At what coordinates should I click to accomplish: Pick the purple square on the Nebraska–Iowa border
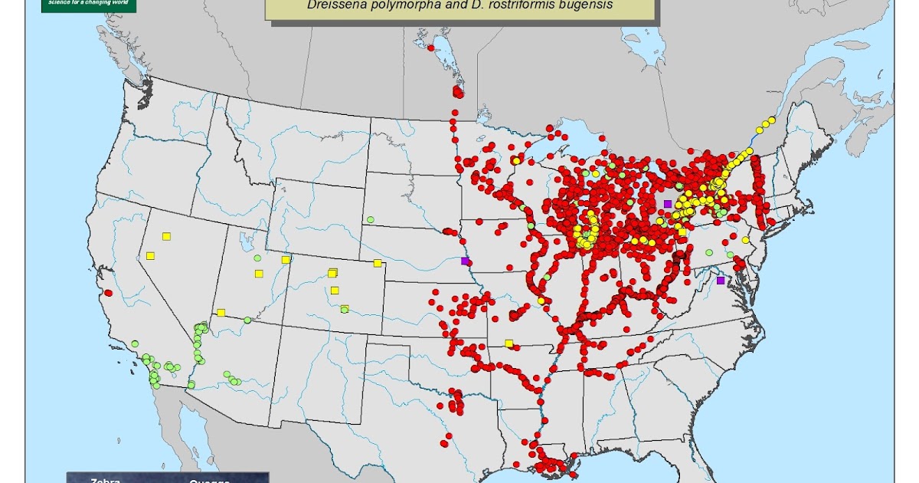click(x=465, y=261)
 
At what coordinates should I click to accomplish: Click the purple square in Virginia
click(x=720, y=281)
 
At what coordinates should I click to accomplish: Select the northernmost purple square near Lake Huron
click(x=668, y=204)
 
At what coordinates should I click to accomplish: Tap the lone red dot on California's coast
click(x=108, y=293)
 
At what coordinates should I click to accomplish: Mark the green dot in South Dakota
click(x=370, y=219)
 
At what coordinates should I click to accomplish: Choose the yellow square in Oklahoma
click(x=509, y=343)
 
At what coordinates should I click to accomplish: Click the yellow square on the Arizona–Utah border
click(x=221, y=312)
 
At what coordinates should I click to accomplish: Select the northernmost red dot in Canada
click(x=431, y=48)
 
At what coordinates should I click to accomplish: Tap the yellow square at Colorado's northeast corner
click(x=378, y=263)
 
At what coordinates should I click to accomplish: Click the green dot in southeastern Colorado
click(x=345, y=310)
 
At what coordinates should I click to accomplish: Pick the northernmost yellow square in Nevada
click(x=166, y=236)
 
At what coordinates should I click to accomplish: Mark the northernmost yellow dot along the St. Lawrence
click(x=772, y=120)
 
